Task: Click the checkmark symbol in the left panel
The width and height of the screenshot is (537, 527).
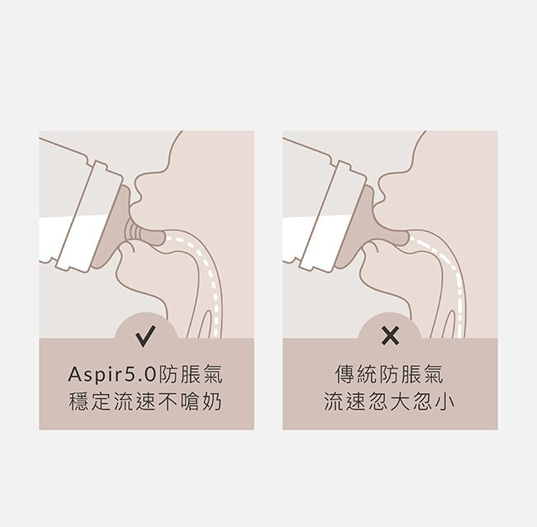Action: click(145, 336)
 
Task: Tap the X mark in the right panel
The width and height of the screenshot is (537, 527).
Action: click(390, 335)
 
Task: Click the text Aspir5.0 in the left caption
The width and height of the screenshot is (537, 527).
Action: click(112, 375)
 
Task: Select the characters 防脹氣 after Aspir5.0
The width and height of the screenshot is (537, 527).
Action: click(190, 375)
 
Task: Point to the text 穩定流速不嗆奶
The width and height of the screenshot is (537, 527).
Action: click(145, 401)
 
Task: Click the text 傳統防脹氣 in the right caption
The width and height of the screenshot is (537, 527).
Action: click(389, 375)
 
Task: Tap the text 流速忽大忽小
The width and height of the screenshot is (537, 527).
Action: click(389, 401)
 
